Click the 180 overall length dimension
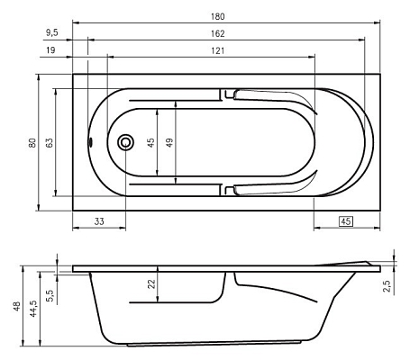click(x=217, y=16)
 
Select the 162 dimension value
click(x=217, y=33)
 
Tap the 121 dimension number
click(x=217, y=50)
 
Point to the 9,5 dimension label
click(x=52, y=32)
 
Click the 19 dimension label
click(x=50, y=49)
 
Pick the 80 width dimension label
click(x=32, y=142)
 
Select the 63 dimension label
click(x=50, y=142)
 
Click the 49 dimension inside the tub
click(x=169, y=142)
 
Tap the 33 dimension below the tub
click(x=99, y=221)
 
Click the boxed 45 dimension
click(x=346, y=221)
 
